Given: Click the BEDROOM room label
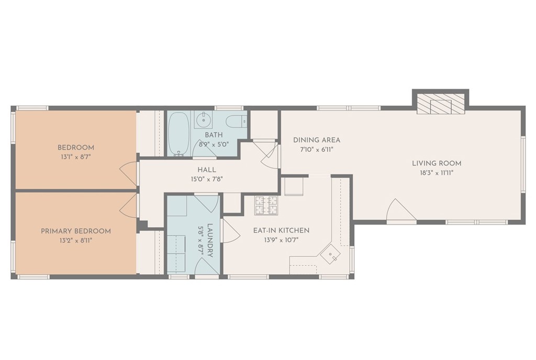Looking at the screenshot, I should pos(76,148).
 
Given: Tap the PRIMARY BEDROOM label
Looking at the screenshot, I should pos(76,231).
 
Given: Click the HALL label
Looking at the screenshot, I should pos(206,170).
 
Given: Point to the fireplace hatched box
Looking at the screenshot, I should pos(440,105).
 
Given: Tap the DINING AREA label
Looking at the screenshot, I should pos(317,140).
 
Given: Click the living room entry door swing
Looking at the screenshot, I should pos(399,211).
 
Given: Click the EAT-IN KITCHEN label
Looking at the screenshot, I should pos(281,230).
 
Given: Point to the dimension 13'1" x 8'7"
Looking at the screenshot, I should pos(76,156).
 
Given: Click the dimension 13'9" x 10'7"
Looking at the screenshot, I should pos(281,240).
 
